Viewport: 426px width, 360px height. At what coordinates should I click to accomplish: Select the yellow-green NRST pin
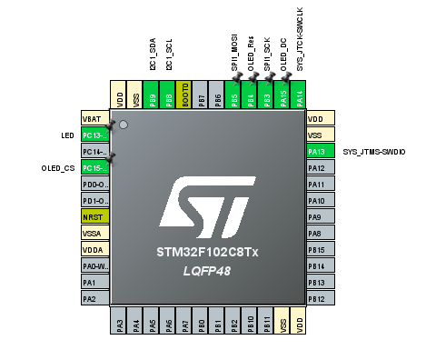pyautogui.click(x=94, y=216)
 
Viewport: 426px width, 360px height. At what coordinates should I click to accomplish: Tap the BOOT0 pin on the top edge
pyautogui.click(x=184, y=96)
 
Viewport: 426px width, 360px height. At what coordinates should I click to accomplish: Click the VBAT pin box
pyautogui.click(x=94, y=118)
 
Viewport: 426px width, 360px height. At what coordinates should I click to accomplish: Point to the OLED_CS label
pyautogui.click(x=57, y=168)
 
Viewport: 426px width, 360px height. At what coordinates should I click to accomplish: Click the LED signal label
pyautogui.click(x=67, y=135)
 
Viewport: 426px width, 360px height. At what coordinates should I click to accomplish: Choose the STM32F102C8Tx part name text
pyautogui.click(x=207, y=250)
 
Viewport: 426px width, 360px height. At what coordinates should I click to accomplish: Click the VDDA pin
pyautogui.click(x=94, y=249)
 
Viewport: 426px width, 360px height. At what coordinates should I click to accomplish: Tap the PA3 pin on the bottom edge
pyautogui.click(x=119, y=323)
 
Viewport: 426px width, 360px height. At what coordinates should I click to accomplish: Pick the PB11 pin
pyautogui.click(x=267, y=323)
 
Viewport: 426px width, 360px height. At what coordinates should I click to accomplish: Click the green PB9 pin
pyautogui.click(x=152, y=96)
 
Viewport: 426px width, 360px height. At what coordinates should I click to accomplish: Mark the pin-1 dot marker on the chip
pyautogui.click(x=124, y=124)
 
